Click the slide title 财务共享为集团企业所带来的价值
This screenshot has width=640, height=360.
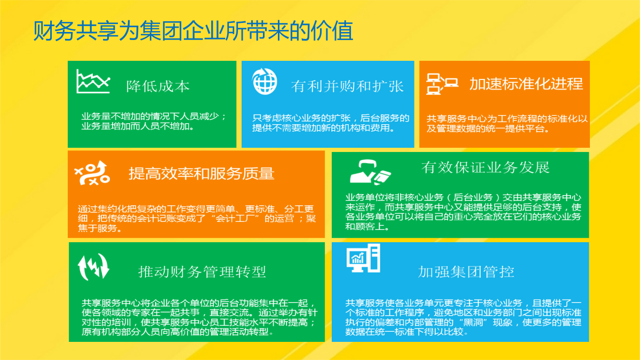(193, 30)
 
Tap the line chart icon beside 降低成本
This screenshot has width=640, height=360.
(93, 82)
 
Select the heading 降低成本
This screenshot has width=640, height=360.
(158, 86)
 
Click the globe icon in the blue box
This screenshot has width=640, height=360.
(265, 82)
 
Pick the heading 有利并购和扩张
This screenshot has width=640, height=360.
(347, 86)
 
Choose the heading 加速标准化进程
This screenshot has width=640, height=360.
(526, 84)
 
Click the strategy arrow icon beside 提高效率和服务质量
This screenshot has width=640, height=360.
(92, 173)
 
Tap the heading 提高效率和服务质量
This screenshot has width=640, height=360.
(202, 173)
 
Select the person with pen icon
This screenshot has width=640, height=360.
(370, 171)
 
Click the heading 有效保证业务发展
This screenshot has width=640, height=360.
(485, 167)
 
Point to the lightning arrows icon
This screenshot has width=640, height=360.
(93, 267)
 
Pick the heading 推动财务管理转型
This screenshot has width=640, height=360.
(202, 271)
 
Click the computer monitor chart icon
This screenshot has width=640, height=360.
(363, 258)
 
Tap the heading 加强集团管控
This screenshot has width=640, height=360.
(466, 272)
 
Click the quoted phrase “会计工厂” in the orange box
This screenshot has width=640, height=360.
(237, 219)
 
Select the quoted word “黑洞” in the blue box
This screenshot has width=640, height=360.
(473, 322)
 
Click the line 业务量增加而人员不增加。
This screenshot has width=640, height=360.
(138, 126)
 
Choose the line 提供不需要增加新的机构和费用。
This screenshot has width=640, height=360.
(324, 128)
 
